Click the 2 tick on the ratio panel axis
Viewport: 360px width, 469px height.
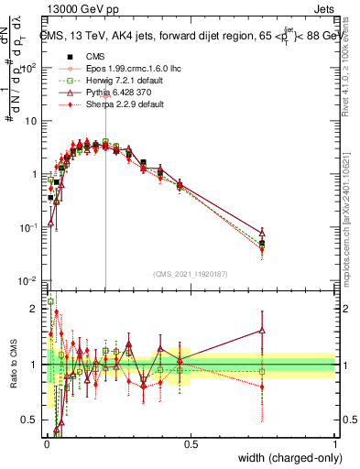37,309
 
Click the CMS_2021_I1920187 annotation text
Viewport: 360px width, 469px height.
190,273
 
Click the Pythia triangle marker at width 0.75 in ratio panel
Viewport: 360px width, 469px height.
263,331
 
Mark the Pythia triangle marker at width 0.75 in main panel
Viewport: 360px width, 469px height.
263,234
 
